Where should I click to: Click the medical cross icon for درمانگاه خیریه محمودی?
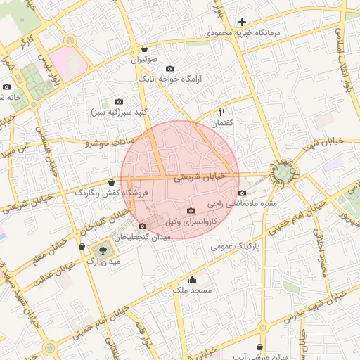point(243,22)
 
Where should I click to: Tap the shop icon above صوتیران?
point(145,49)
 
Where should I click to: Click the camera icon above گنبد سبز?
point(118,102)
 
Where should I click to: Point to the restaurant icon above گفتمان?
point(223,112)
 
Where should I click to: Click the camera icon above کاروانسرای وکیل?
point(191,210)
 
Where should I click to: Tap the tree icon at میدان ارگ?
point(103,250)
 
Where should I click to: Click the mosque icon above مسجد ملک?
point(192,279)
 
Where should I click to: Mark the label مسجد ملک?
point(192,290)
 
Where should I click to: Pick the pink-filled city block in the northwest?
point(68,62)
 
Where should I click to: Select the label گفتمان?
point(221,123)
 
